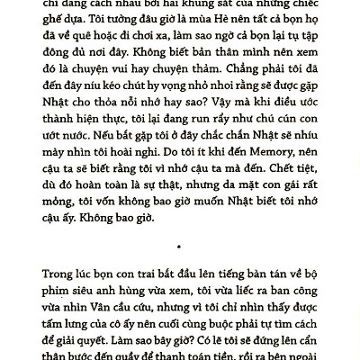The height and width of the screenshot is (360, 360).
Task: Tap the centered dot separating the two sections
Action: pos(180,244)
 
